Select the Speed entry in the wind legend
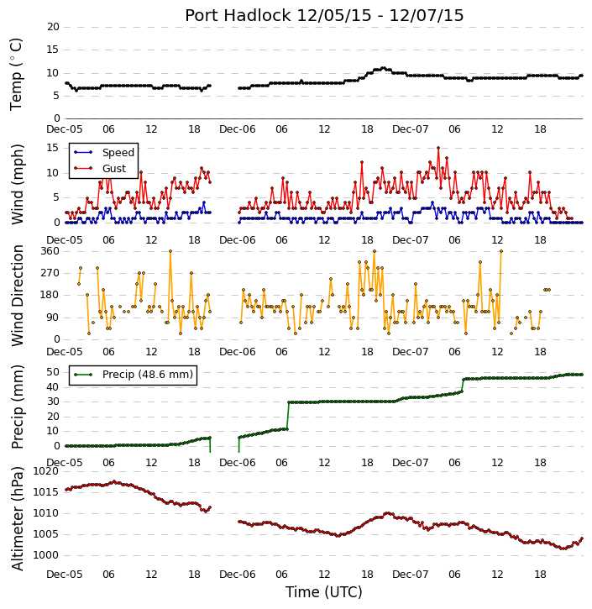coord(118,152)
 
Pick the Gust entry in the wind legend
coord(114,168)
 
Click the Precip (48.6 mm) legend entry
coord(148,375)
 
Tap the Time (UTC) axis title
coord(324,592)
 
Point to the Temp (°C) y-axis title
coord(15,74)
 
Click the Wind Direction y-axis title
coord(17,296)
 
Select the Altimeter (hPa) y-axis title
coord(17,518)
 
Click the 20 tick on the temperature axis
coord(53,27)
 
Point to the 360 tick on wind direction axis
coord(50,251)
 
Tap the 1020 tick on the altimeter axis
coord(46,471)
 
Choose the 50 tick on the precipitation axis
coord(53,372)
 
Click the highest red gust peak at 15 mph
coord(438,148)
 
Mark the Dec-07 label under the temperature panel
coord(410,129)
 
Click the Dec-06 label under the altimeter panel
coord(237,574)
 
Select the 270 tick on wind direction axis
coord(50,273)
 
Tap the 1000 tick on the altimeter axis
coord(46,555)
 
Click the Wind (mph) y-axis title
coord(17,185)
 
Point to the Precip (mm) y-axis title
coord(17,407)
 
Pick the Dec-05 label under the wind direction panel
coord(65,351)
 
